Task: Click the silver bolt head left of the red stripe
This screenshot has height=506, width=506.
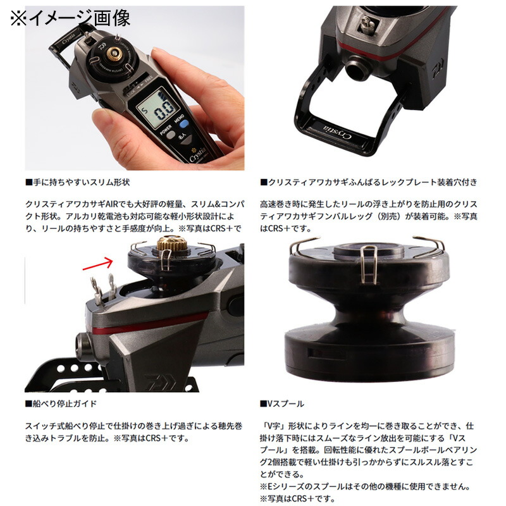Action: coord(83,345)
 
